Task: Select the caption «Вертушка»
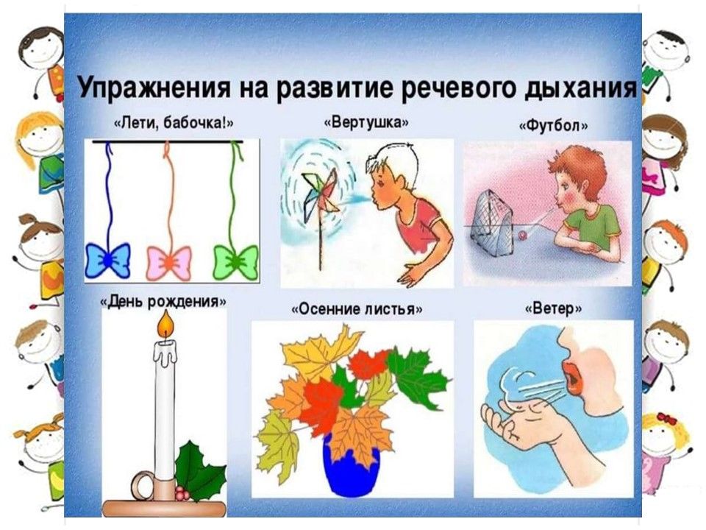tap(366, 122)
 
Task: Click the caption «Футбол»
tap(553, 125)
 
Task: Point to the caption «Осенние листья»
tap(357, 309)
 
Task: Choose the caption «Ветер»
tap(553, 308)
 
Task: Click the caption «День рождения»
tap(163, 300)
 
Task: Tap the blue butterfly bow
tap(108, 260)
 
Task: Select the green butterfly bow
tap(235, 262)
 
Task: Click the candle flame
tap(166, 325)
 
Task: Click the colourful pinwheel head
tap(321, 191)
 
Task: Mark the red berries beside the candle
tap(182, 493)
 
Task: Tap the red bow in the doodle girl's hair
tap(667, 419)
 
